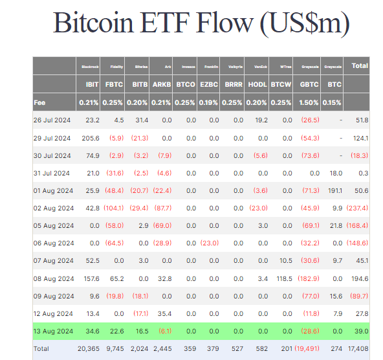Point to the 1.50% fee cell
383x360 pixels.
point(308,102)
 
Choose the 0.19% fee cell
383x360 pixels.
point(210,102)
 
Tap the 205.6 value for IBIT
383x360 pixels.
point(89,138)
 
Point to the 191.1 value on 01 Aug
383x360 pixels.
point(333,190)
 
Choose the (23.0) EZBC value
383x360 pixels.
point(210,243)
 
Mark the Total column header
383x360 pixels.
point(359,65)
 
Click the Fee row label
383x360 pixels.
point(40,102)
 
